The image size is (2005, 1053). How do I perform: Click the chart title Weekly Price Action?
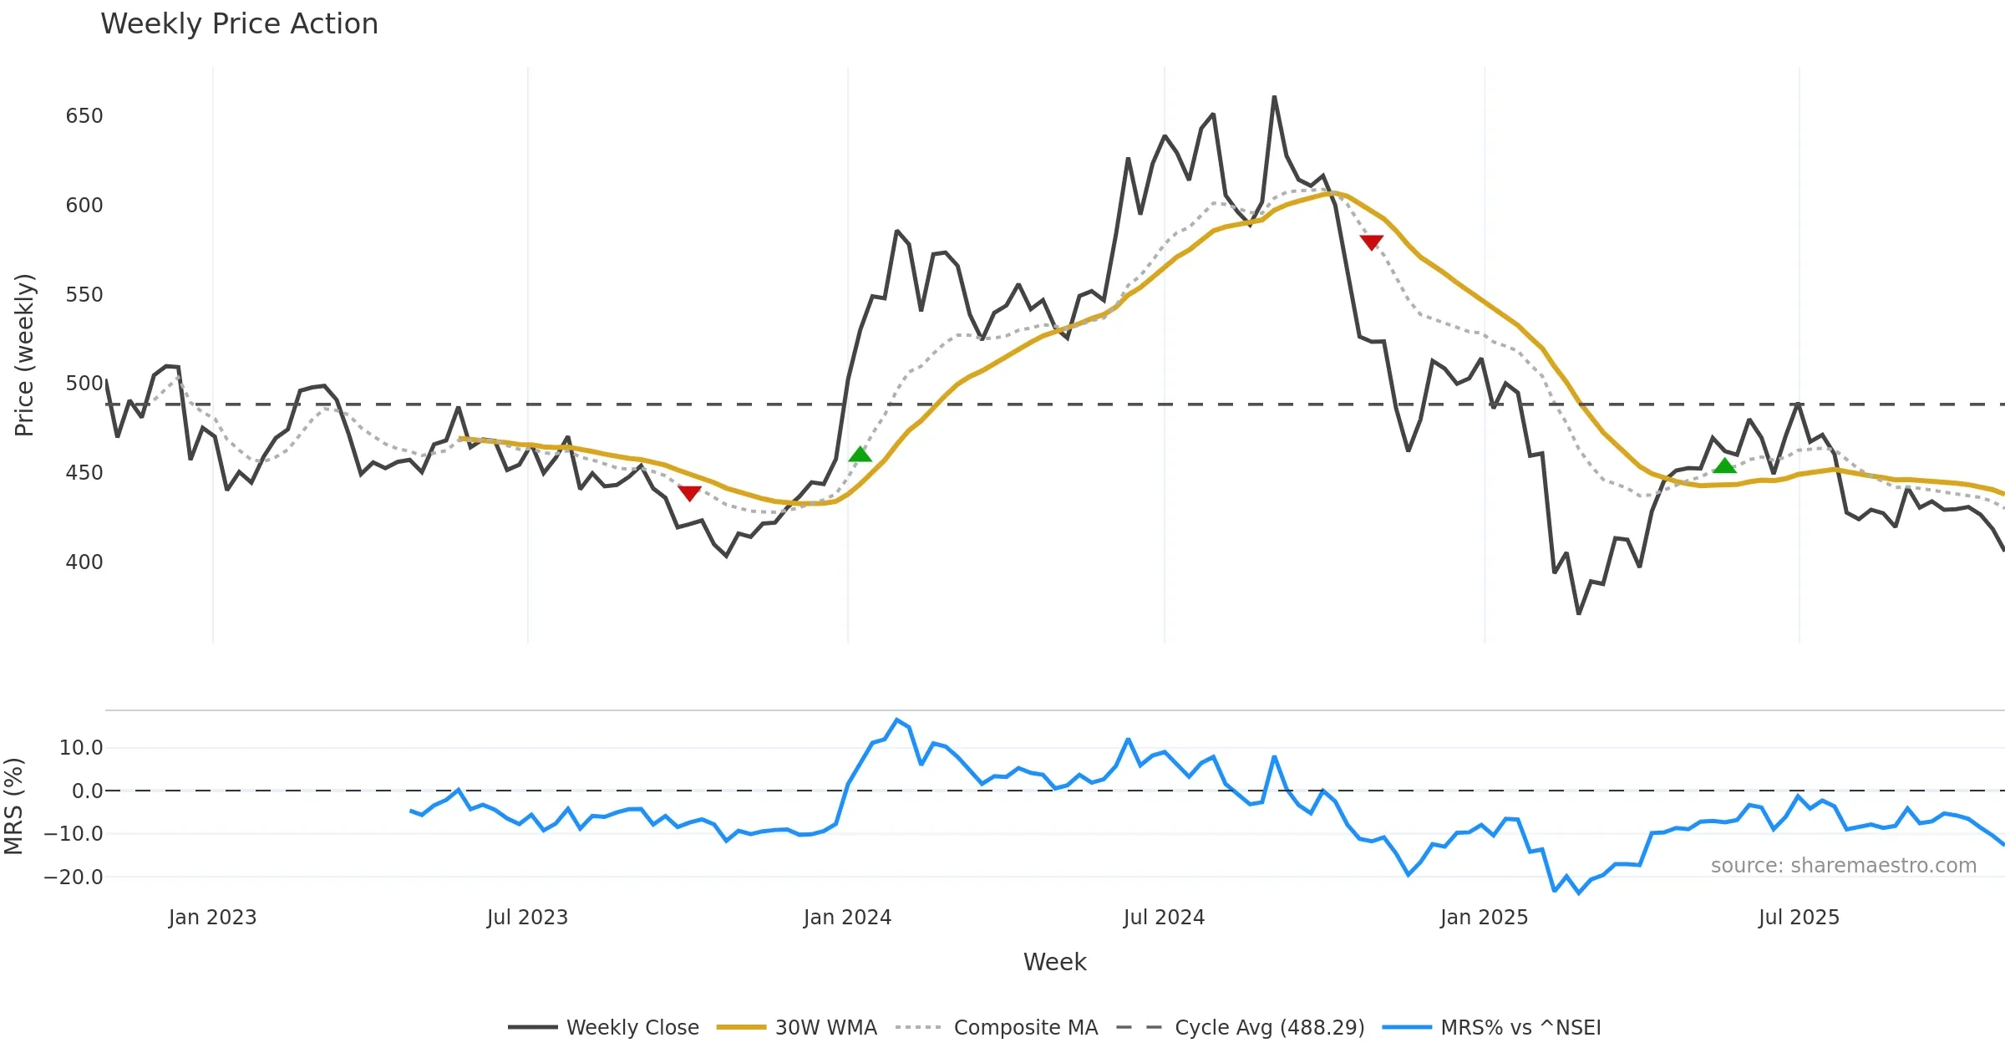point(239,24)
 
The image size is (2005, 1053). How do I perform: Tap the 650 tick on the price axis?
point(84,116)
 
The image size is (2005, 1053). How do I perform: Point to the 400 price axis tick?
point(84,562)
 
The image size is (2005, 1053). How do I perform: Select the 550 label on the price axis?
point(84,295)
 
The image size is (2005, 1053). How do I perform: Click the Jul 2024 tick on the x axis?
point(1164,918)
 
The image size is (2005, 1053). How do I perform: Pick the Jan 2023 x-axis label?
point(212,918)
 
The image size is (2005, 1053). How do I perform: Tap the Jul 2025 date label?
point(1799,918)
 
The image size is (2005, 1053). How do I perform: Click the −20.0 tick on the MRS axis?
point(74,877)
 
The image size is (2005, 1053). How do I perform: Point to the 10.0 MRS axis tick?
point(80,748)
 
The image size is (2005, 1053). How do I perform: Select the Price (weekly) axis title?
point(24,355)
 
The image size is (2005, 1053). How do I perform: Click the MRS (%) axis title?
point(13,806)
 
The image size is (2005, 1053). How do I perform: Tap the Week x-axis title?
point(1054,963)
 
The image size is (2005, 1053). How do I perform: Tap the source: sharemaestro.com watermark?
point(1843,866)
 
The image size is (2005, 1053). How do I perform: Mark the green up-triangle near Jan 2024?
point(860,455)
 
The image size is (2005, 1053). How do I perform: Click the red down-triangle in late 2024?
point(1371,242)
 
